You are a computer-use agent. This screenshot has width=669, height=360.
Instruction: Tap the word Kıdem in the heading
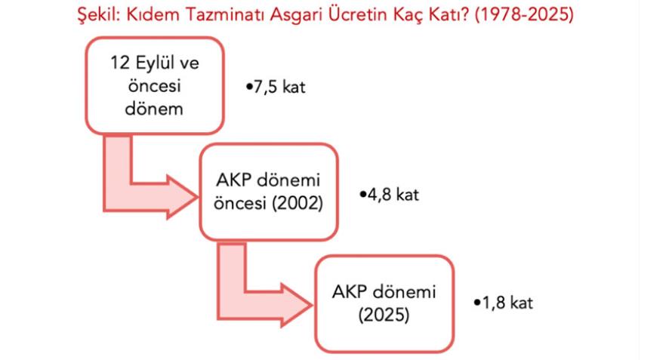[x=155, y=14]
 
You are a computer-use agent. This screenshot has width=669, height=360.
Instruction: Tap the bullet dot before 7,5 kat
[x=249, y=87]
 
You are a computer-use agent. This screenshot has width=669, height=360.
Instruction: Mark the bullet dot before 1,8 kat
[x=477, y=303]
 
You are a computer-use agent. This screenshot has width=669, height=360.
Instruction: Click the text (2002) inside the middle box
[x=298, y=203]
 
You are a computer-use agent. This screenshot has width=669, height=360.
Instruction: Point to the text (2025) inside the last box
[x=384, y=315]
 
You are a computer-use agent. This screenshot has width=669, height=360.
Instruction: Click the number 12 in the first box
[x=120, y=63]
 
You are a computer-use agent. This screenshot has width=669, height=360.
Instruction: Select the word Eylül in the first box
[x=156, y=64]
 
